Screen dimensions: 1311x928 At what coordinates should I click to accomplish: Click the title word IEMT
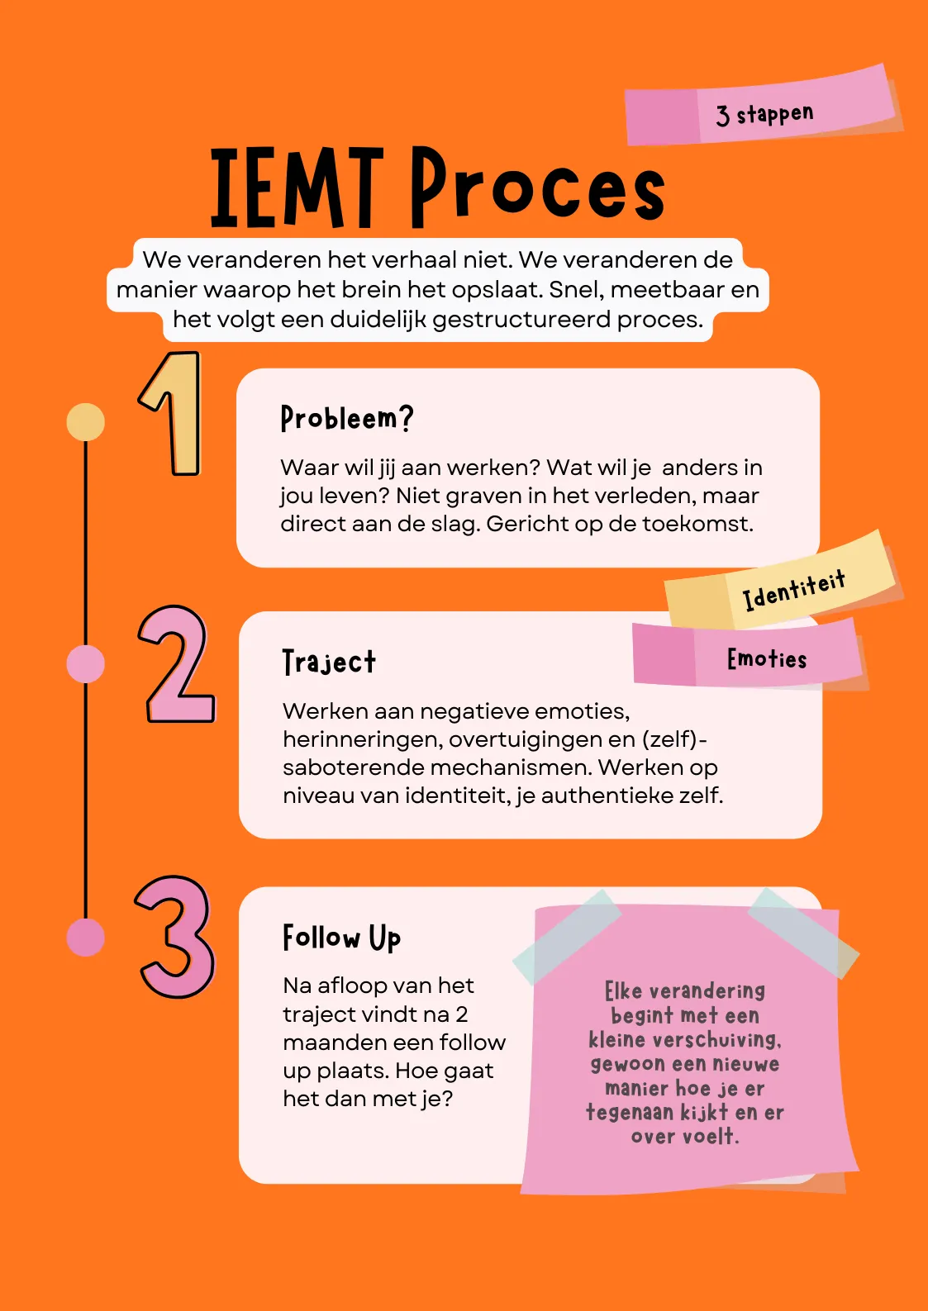click(x=296, y=188)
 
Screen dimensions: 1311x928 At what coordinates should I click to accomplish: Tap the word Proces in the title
click(x=537, y=188)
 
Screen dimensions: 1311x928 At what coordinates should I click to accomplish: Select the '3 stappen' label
click(x=764, y=114)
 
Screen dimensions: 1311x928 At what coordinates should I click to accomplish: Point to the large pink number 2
click(x=176, y=665)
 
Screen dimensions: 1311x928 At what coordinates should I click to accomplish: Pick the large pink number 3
click(x=176, y=937)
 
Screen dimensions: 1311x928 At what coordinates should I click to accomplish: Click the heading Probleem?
click(x=346, y=418)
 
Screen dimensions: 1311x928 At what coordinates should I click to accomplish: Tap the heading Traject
click(x=329, y=662)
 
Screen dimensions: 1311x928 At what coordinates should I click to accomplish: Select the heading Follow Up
click(x=341, y=938)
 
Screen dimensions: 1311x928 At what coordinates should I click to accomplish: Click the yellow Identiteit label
click(x=792, y=587)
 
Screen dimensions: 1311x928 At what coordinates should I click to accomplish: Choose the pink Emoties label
click(x=766, y=658)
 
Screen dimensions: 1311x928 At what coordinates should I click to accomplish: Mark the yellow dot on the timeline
click(x=85, y=422)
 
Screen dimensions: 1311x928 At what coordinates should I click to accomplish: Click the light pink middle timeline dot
click(x=85, y=664)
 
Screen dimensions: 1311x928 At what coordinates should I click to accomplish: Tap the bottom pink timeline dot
click(x=85, y=937)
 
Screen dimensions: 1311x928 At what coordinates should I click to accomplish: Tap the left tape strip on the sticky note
click(x=567, y=935)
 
